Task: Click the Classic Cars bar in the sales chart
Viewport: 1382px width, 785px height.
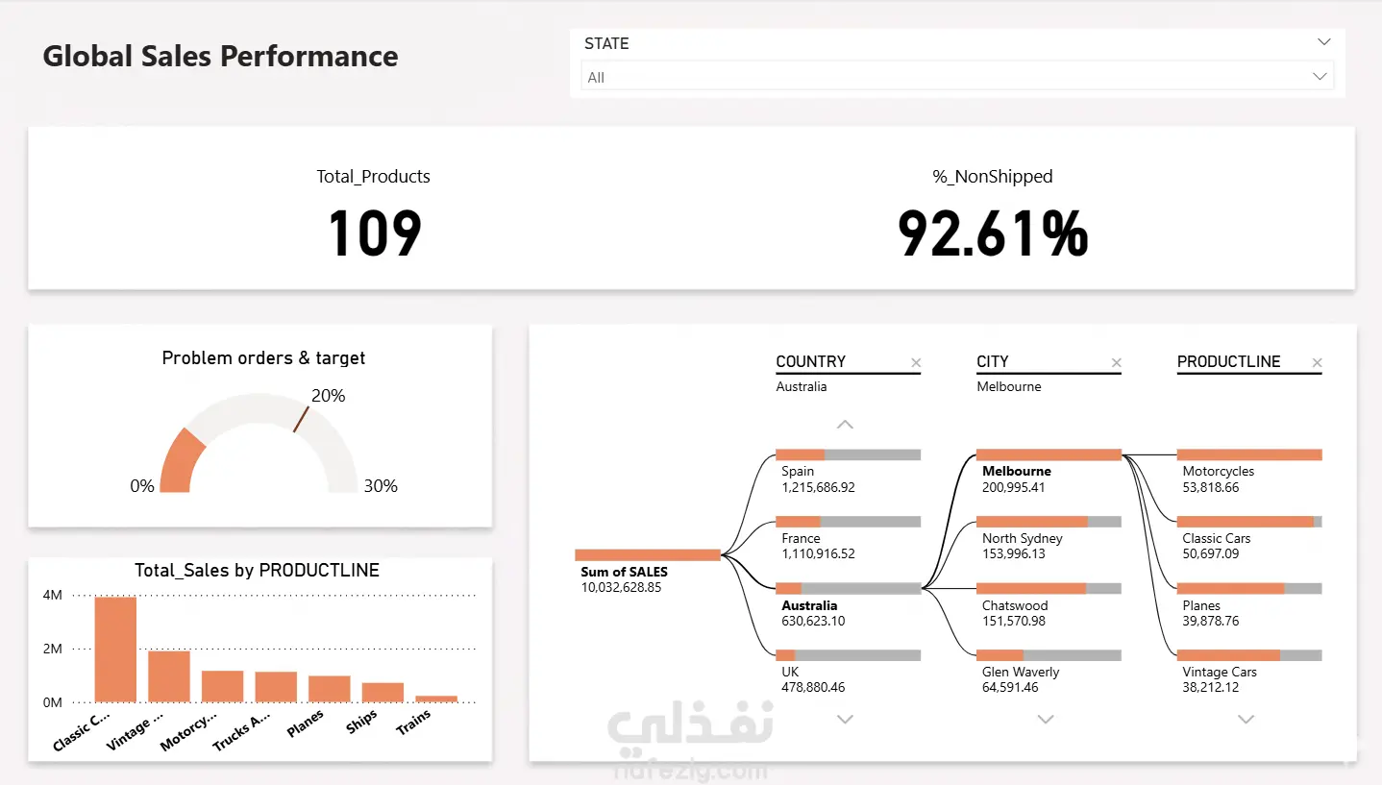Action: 115,650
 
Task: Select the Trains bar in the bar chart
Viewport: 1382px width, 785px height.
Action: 436,699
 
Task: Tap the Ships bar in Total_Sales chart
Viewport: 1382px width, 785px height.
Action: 383,693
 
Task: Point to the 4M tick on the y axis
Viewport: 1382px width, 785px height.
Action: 53,595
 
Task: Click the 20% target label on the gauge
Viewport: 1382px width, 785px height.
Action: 329,396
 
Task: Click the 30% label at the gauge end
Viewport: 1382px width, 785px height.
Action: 381,486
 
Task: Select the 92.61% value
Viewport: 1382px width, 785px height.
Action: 993,233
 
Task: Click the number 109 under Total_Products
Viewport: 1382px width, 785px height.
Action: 375,233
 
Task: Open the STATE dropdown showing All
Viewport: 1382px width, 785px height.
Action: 957,77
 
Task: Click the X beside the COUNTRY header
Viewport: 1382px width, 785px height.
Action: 916,362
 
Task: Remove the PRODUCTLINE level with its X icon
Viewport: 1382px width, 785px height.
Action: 1317,362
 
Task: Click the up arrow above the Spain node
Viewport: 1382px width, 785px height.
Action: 845,425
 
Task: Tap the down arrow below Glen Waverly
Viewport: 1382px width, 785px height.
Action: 1045,719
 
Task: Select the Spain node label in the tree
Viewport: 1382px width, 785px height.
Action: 798,471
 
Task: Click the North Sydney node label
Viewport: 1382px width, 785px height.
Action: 1023,538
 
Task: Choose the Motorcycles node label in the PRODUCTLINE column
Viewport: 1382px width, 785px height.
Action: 1219,471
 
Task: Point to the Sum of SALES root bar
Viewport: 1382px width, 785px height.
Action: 647,555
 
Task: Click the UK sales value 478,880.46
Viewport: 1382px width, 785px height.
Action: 813,687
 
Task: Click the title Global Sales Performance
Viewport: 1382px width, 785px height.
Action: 220,56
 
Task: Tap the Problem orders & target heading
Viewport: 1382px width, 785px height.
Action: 263,358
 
